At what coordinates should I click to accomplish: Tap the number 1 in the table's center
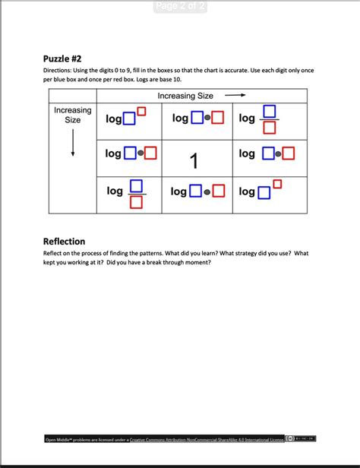pyautogui.click(x=194, y=161)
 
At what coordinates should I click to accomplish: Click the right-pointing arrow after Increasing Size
pyautogui.click(x=236, y=96)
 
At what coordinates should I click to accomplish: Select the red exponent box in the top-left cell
pyautogui.click(x=141, y=111)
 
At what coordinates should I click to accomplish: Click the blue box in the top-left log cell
pyautogui.click(x=130, y=119)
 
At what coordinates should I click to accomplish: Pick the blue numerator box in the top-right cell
pyautogui.click(x=269, y=112)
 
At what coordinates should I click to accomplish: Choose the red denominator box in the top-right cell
pyautogui.click(x=269, y=127)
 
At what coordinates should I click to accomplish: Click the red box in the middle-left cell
pyautogui.click(x=150, y=153)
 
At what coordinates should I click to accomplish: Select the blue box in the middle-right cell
pyautogui.click(x=268, y=154)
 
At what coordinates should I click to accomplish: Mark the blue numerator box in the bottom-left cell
pyautogui.click(x=136, y=185)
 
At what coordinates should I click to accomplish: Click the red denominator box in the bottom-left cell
pyautogui.click(x=136, y=201)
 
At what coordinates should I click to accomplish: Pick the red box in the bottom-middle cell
pyautogui.click(x=219, y=191)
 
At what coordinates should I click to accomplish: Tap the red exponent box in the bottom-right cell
pyautogui.click(x=277, y=184)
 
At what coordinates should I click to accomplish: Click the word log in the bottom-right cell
pyautogui.click(x=247, y=191)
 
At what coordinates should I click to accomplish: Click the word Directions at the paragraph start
pyautogui.click(x=58, y=70)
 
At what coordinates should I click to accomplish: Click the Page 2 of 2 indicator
pyautogui.click(x=180, y=7)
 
